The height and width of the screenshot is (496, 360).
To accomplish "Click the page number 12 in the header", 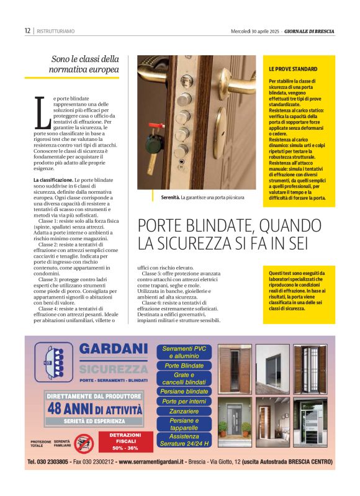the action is (27, 30).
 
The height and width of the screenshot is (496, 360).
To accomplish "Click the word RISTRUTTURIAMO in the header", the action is (55, 30).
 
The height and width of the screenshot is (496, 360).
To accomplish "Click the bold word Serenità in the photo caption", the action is (166, 197).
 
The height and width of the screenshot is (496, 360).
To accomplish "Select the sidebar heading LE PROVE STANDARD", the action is (293, 69).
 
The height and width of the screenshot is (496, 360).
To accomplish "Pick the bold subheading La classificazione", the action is (55, 180).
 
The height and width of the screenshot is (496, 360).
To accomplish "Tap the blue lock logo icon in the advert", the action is (53, 362).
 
